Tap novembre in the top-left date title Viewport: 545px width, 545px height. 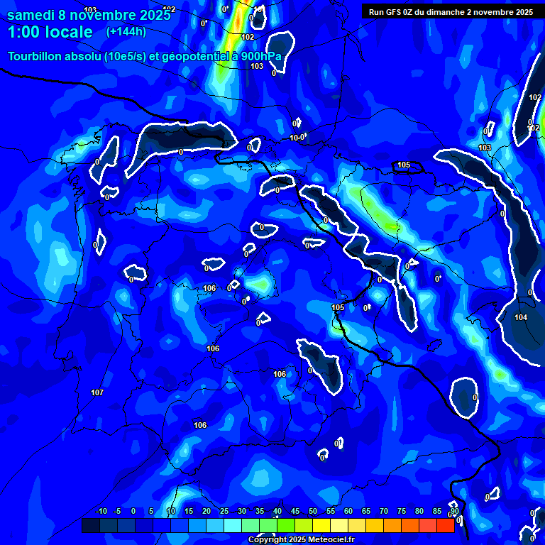coord(103,15)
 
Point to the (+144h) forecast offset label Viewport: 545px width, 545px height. coord(126,32)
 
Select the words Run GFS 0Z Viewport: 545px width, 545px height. coord(393,12)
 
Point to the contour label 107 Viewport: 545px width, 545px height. coord(97,392)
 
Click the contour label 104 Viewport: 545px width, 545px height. coord(521,317)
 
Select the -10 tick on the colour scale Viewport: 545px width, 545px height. coord(101,512)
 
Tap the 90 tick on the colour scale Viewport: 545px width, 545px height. coord(454,512)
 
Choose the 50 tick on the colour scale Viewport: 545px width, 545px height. coord(313,512)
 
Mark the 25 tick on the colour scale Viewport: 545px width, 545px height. coord(224,512)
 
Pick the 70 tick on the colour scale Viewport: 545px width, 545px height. coord(384,512)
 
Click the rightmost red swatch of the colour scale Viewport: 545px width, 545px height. coord(445,525)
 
